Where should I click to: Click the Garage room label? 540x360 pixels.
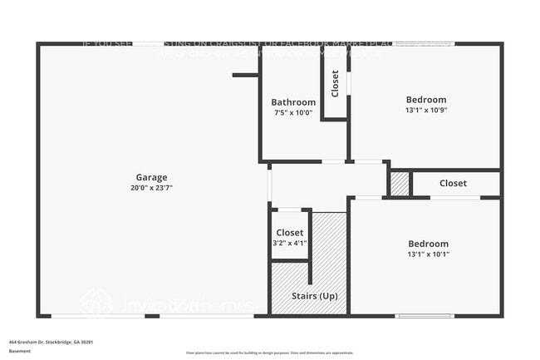click(151, 177)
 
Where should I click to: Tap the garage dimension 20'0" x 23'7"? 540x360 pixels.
click(151, 188)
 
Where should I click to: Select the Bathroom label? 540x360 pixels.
click(293, 102)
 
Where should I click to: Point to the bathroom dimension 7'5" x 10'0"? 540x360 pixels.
click(293, 113)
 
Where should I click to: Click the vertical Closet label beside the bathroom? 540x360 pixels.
click(335, 83)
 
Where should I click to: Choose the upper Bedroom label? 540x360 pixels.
click(426, 100)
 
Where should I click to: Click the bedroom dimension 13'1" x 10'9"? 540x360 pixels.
click(426, 111)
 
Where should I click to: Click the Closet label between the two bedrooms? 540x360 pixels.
click(453, 183)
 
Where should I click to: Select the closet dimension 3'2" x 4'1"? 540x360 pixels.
click(290, 244)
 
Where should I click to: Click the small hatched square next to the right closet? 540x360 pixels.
click(400, 184)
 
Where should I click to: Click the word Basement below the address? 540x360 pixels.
click(20, 351)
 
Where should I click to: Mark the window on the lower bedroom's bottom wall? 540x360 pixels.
click(424, 315)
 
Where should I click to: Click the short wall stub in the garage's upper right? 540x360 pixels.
click(246, 76)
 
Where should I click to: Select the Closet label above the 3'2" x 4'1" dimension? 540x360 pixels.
click(290, 233)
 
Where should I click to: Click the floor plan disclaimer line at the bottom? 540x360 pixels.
click(269, 353)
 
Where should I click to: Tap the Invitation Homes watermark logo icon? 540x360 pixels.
click(96, 303)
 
